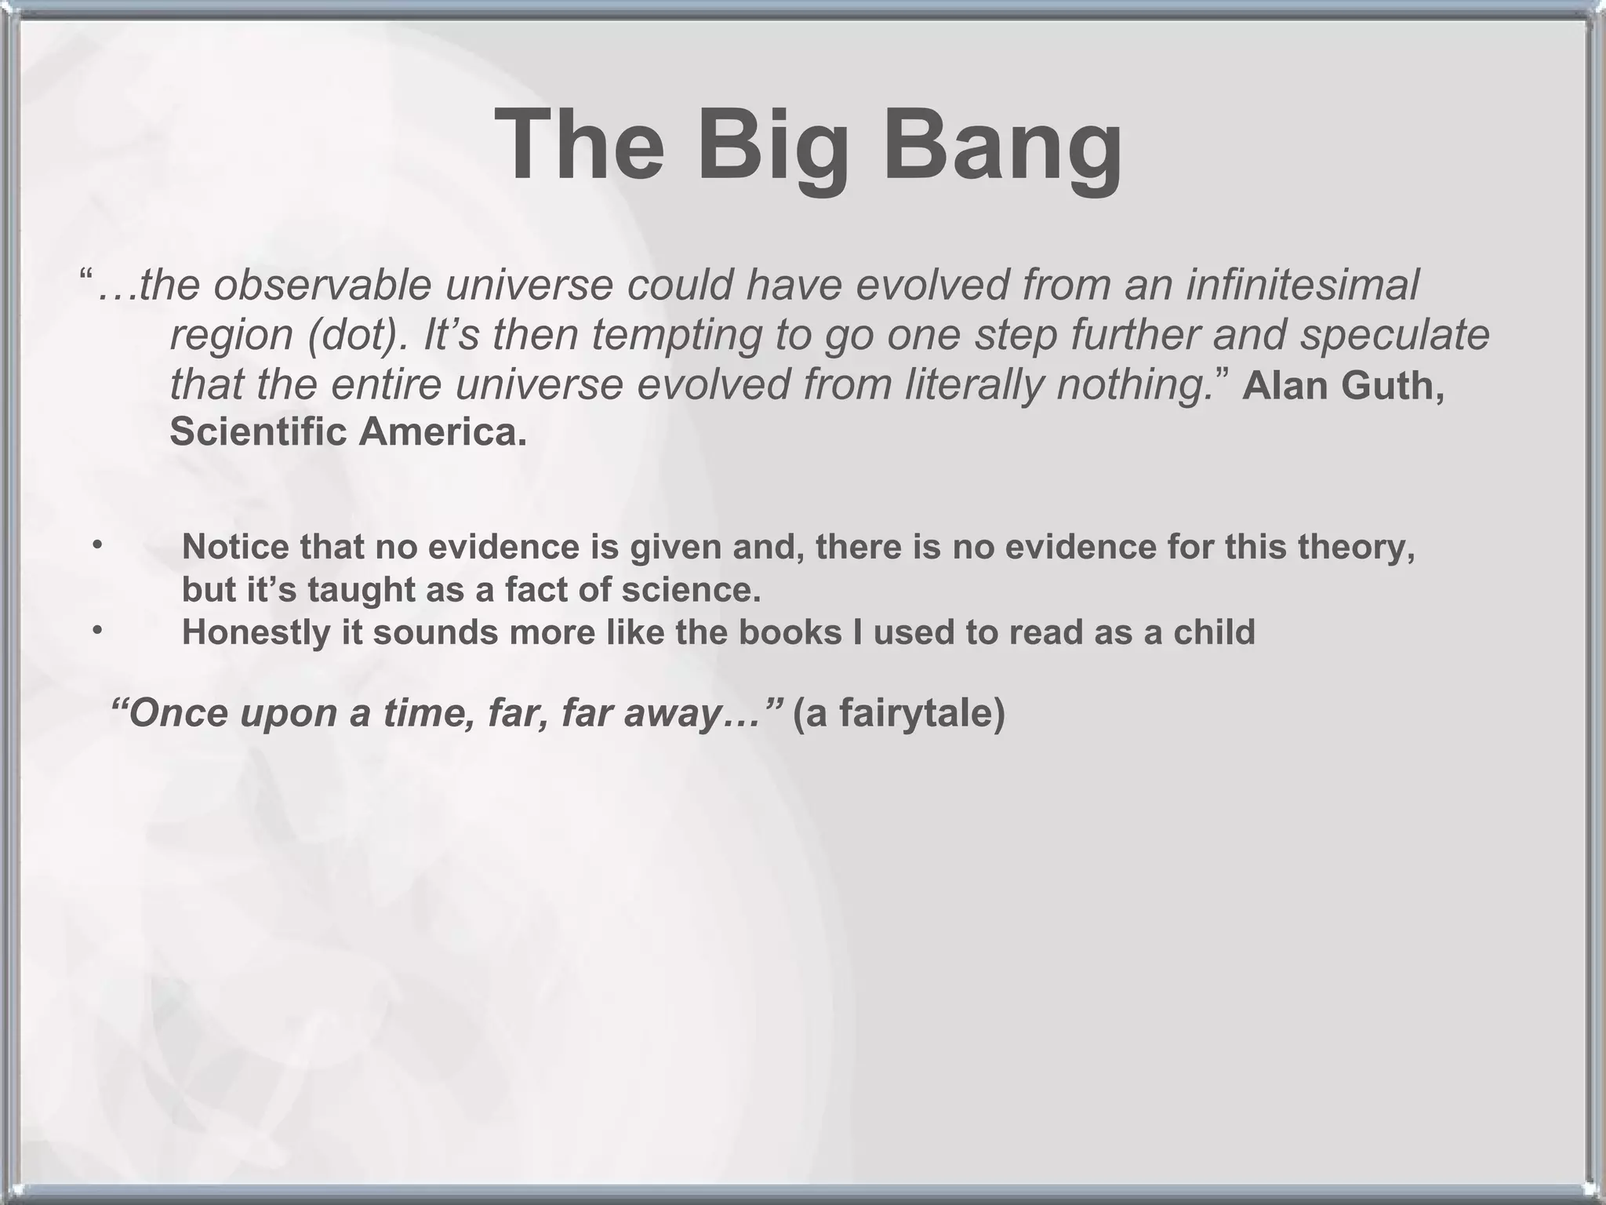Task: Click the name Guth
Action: (1396, 386)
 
